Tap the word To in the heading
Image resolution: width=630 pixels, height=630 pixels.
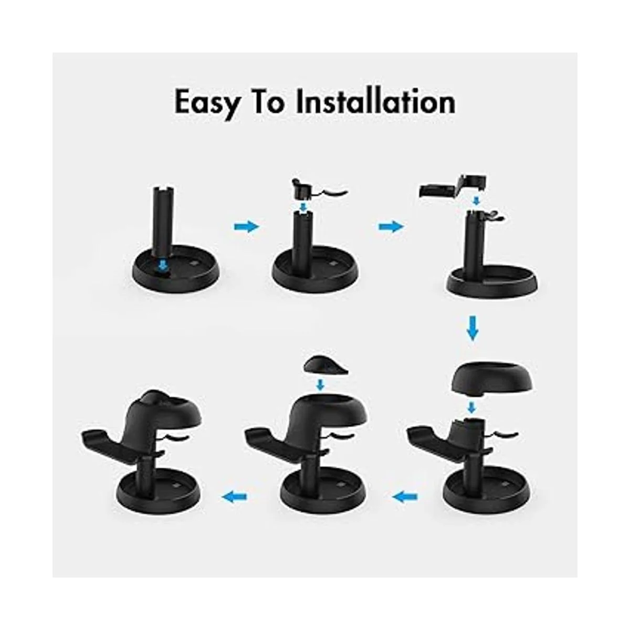coord(269,102)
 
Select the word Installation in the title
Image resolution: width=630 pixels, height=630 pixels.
coord(376,102)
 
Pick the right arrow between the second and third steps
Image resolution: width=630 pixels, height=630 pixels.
coord(392,226)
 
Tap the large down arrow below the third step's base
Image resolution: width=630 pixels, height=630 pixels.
coord(472,329)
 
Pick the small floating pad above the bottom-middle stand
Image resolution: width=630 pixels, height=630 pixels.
coord(320,365)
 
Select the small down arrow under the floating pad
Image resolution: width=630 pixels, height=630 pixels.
coord(320,386)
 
